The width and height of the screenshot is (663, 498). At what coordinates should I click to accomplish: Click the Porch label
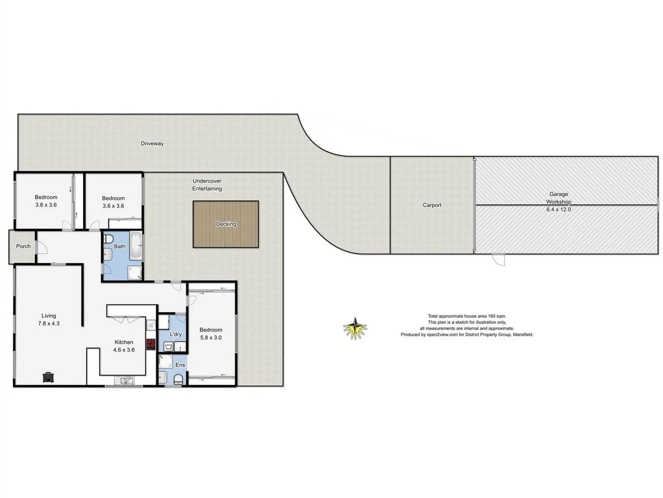tap(23, 246)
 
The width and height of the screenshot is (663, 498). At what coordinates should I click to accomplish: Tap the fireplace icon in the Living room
tap(49, 377)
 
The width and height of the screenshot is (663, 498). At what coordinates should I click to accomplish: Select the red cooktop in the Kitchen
tap(150, 344)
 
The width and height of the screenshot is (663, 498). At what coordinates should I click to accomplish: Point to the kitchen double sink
tap(124, 381)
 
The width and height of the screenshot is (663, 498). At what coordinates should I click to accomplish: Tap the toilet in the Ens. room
tap(177, 380)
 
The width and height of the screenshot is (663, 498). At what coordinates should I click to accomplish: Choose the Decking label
tap(226, 224)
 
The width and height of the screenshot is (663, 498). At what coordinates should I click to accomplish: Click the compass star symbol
tap(355, 328)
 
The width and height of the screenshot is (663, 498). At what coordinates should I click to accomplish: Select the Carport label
tap(432, 205)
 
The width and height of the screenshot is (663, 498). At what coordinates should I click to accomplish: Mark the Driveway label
tap(152, 143)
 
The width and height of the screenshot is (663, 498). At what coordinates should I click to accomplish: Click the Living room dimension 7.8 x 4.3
tap(49, 323)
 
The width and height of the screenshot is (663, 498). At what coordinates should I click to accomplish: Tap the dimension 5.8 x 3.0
tap(211, 337)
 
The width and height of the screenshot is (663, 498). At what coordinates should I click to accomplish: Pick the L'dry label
tap(176, 334)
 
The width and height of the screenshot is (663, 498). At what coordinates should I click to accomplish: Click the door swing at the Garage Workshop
tap(498, 259)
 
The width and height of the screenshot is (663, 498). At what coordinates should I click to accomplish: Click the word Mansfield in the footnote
tap(521, 335)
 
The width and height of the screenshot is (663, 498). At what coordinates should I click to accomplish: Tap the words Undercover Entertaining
tap(207, 185)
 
